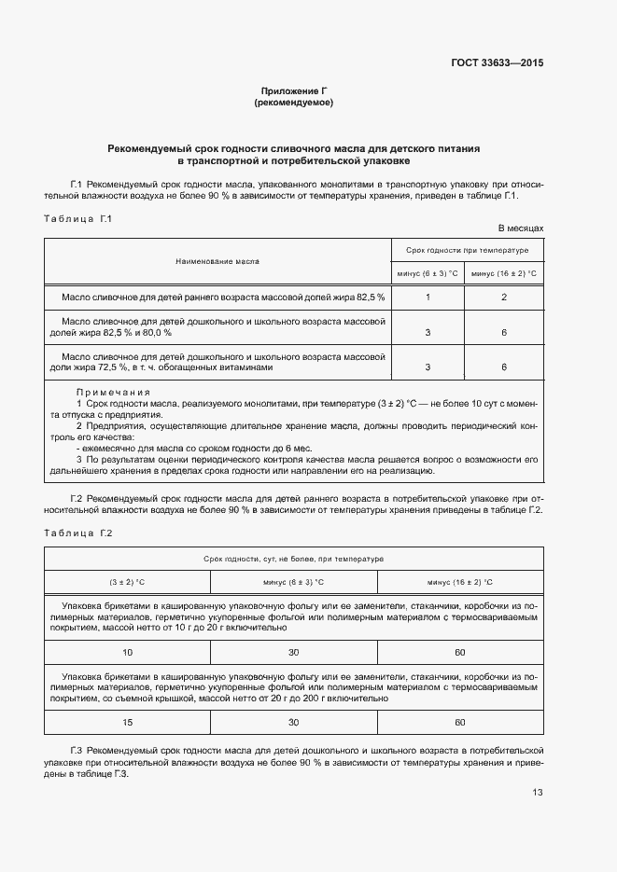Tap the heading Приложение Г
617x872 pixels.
pos(293,91)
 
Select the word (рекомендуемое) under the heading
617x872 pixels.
pos(293,103)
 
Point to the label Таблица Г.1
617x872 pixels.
pos(78,218)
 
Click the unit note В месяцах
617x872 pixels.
pos(520,228)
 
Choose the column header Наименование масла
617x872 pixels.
pos(217,262)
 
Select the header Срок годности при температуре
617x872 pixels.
pos(467,251)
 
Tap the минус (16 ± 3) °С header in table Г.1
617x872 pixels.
pos(504,273)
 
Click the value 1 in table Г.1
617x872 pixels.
pos(428,297)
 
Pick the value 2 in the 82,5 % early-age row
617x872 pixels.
pos(504,297)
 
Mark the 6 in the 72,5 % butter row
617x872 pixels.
pos(504,367)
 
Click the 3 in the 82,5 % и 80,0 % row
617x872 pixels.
pos(428,332)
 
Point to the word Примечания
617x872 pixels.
pos(113,392)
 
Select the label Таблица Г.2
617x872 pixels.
pos(78,533)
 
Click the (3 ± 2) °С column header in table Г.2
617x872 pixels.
pos(127,582)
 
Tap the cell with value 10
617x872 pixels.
pos(127,652)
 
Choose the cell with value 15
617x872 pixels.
pos(127,722)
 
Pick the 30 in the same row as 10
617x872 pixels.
pos(293,652)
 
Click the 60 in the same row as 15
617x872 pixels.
pos(459,722)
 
